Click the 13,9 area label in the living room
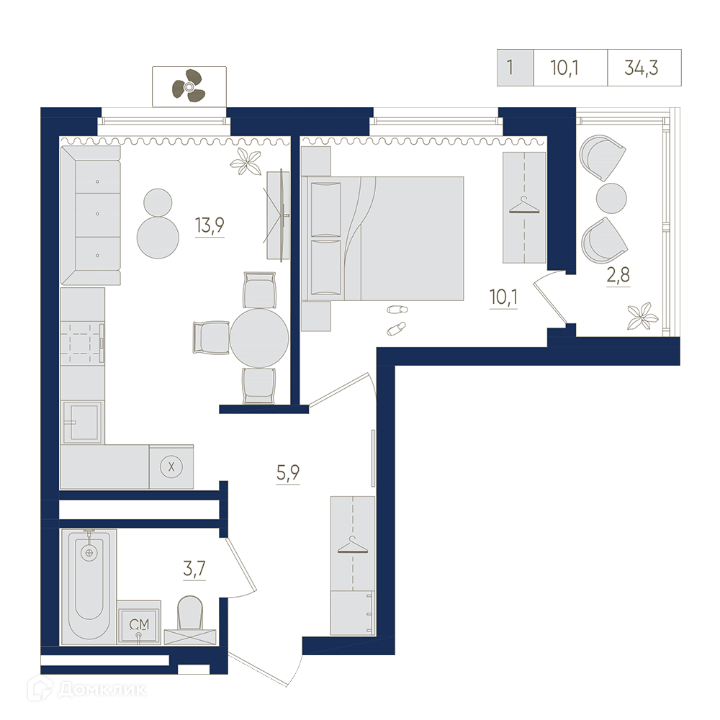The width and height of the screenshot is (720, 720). (210, 225)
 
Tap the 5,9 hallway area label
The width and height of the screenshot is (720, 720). (288, 472)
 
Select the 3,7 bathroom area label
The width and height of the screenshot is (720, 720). (194, 569)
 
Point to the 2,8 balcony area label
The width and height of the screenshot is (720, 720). (618, 275)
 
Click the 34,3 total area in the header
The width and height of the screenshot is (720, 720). (642, 68)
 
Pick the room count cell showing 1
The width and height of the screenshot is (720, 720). (510, 68)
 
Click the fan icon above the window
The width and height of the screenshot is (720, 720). (189, 86)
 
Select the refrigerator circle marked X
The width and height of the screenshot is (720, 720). (171, 467)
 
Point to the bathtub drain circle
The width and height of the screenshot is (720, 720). (89, 553)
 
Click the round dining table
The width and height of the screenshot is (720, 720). (259, 338)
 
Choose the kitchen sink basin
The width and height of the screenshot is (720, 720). (82, 423)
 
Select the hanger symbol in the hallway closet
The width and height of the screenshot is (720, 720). (353, 544)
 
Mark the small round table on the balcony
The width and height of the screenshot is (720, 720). (611, 199)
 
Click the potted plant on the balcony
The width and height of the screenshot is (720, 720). (643, 315)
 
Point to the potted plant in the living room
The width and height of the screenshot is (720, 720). (246, 161)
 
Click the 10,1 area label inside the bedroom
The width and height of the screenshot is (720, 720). (503, 297)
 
